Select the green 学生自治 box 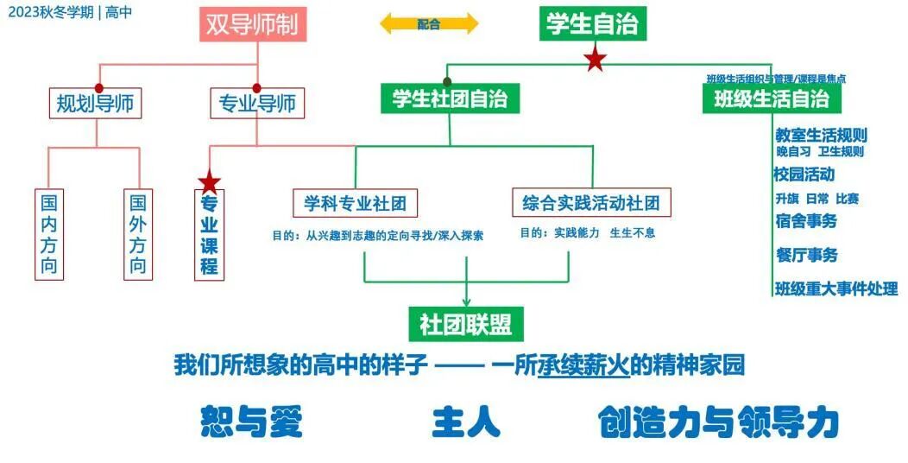click(592, 24)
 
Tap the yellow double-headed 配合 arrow click(429, 24)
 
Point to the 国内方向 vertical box click(50, 234)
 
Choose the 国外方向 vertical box click(137, 234)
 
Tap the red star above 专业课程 click(210, 182)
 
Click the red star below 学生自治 click(594, 60)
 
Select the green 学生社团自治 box click(450, 99)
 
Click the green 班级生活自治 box click(772, 99)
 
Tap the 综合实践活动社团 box click(591, 204)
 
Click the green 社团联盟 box click(466, 324)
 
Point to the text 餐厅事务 click(806, 255)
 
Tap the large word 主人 click(466, 422)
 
